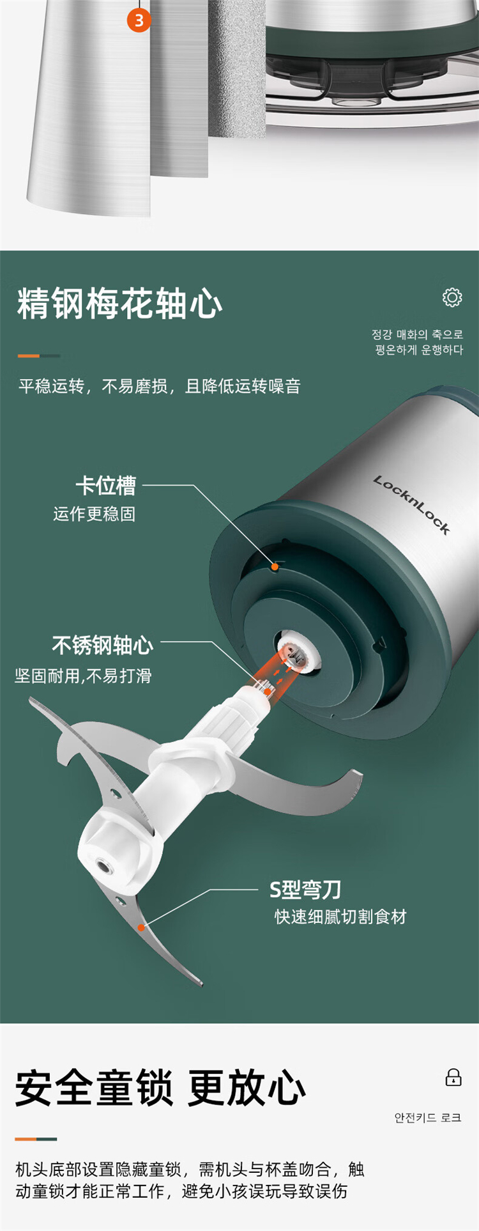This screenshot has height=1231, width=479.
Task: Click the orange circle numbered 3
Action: pyautogui.click(x=139, y=20)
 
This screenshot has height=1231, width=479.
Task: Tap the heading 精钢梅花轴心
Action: pyautogui.click(x=120, y=304)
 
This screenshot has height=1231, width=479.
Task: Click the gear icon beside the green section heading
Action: pyautogui.click(x=452, y=297)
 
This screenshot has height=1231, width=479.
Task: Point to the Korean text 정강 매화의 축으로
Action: pyautogui.click(x=418, y=334)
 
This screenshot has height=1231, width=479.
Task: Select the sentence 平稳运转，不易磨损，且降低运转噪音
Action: pyautogui.click(x=160, y=387)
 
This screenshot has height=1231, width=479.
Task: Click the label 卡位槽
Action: pyautogui.click(x=106, y=486)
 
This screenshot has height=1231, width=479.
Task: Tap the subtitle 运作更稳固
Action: pyautogui.click(x=95, y=515)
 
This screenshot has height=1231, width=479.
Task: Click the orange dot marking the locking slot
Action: pyautogui.click(x=275, y=566)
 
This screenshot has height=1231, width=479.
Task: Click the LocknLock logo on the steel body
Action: pyautogui.click(x=412, y=505)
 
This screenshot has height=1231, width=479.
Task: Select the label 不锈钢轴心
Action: pyautogui.click(x=103, y=646)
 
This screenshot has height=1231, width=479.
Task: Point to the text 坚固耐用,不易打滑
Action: pyautogui.click(x=83, y=676)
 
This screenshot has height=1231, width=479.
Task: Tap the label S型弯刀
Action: pyautogui.click(x=305, y=889)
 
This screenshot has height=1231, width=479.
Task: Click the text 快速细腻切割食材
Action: pyautogui.click(x=340, y=917)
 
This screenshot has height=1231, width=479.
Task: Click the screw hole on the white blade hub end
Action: pyautogui.click(x=103, y=867)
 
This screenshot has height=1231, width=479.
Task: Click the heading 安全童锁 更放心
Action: pyautogui.click(x=160, y=1088)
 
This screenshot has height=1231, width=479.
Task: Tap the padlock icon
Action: pyautogui.click(x=453, y=1077)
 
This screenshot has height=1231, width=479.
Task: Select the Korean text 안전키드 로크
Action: pyautogui.click(x=428, y=1118)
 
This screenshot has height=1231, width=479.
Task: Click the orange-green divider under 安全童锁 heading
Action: pyautogui.click(x=36, y=1139)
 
